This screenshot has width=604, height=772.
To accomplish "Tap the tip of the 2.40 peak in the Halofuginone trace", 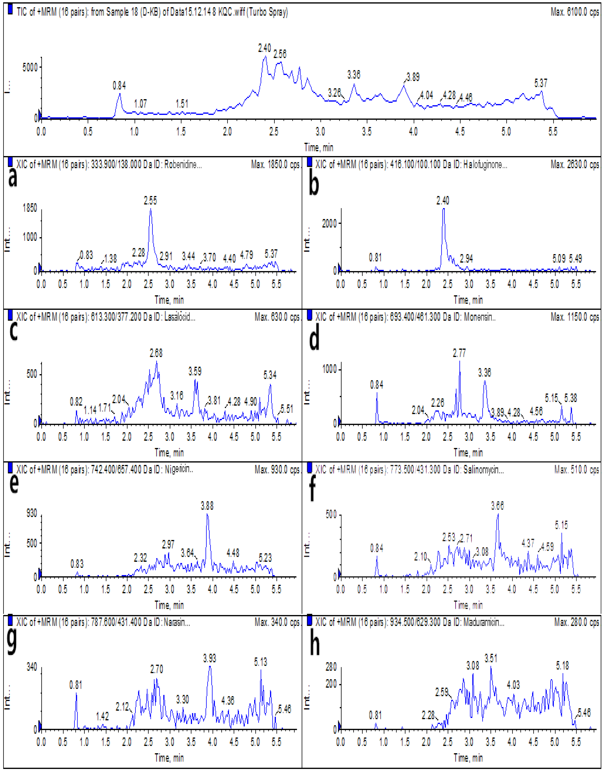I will coord(443,209).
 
